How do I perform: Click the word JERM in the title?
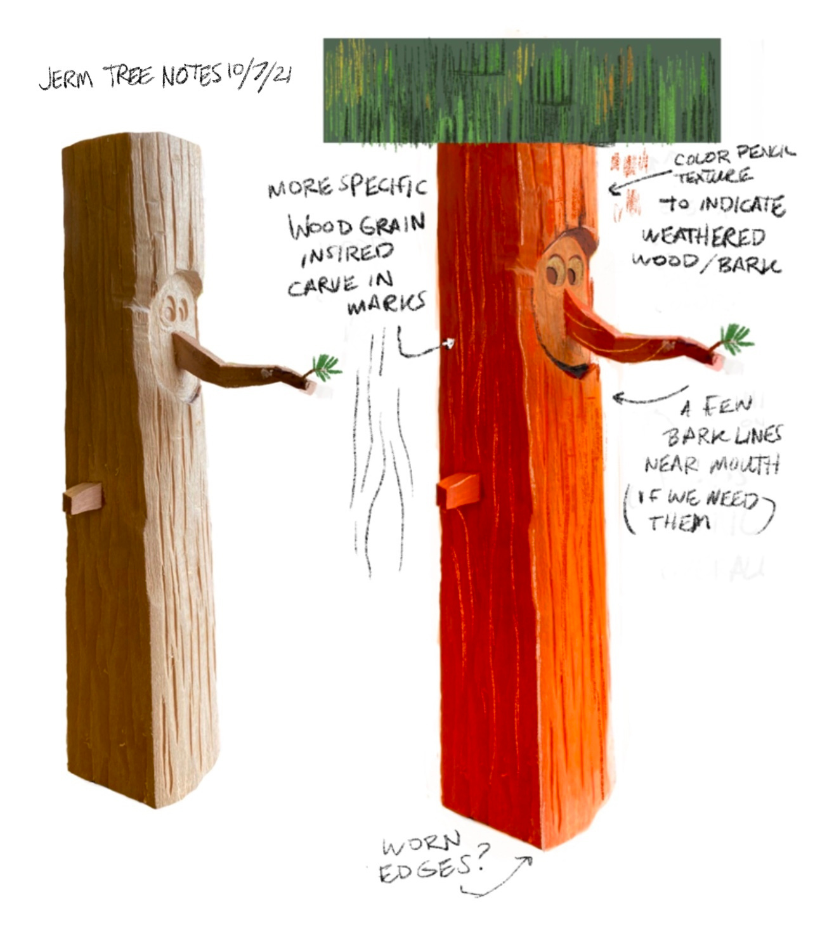67,78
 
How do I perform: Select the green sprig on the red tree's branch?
735,339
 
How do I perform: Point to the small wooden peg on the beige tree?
83,498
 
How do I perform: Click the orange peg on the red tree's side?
458,491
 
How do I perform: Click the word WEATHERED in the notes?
704,237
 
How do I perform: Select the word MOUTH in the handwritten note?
745,465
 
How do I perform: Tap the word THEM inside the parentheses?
680,522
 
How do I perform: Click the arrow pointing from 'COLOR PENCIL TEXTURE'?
640,181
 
